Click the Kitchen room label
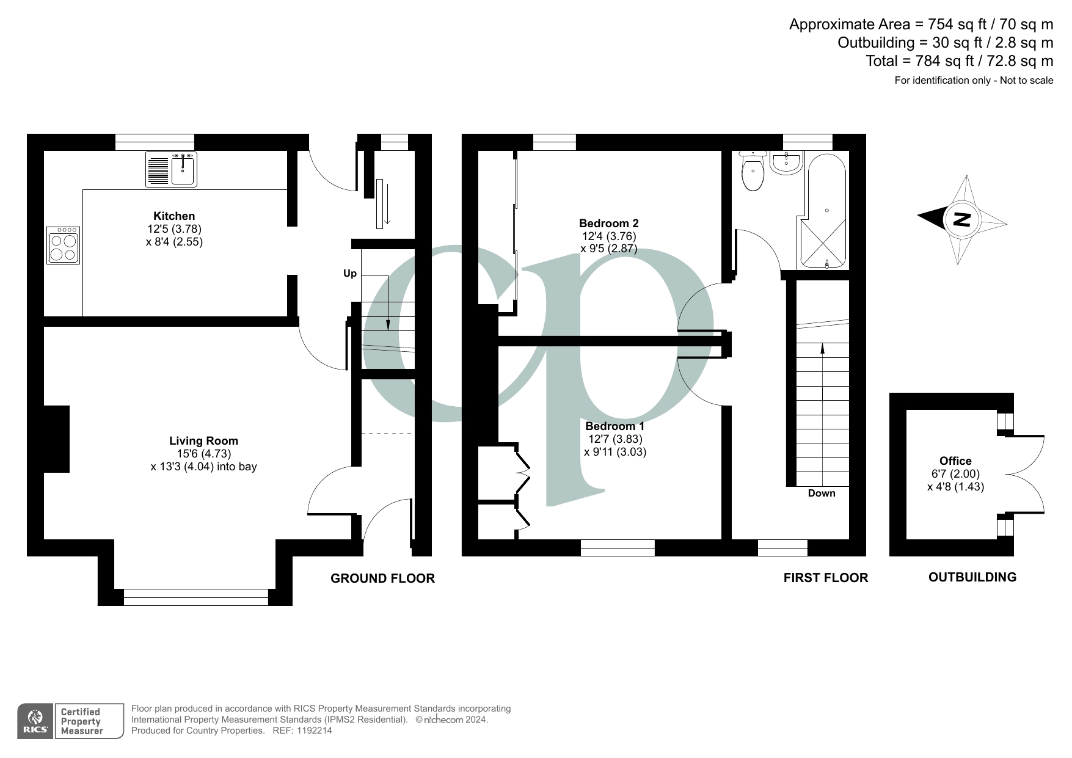point(174,216)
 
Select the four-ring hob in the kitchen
point(63,246)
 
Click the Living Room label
point(203,441)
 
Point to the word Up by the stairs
point(350,274)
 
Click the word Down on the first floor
point(821,494)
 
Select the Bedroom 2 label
point(608,224)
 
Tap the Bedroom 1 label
point(614,426)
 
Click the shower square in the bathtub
point(822,244)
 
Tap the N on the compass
point(962,219)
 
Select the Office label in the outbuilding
point(955,461)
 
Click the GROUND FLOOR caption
point(382,578)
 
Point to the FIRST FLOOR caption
point(825,578)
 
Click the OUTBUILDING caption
point(972,577)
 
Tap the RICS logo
point(35,721)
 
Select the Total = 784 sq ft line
point(958,61)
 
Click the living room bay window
point(195,597)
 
